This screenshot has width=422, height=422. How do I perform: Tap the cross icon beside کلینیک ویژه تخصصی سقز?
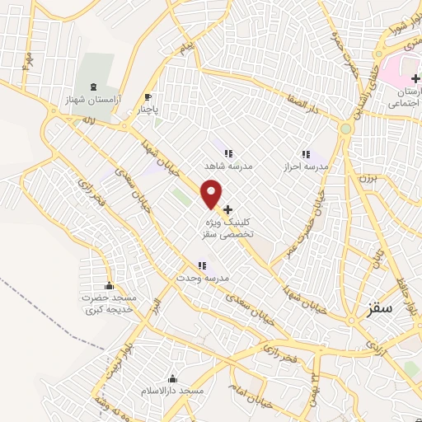pyautogui.click(x=228, y=209)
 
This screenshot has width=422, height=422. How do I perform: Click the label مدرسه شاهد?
pyautogui.click(x=229, y=166)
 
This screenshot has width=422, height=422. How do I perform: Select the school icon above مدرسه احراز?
pyautogui.click(x=306, y=153)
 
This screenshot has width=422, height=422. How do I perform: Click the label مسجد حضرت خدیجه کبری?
pyautogui.click(x=111, y=303)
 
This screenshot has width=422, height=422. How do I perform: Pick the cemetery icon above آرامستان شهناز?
pyautogui.click(x=92, y=86)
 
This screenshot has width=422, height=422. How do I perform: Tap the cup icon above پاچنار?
pyautogui.click(x=148, y=96)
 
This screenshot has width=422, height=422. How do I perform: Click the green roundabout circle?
pyautogui.click(x=346, y=129)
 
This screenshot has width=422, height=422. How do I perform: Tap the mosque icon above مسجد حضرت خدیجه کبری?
pyautogui.click(x=110, y=285)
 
